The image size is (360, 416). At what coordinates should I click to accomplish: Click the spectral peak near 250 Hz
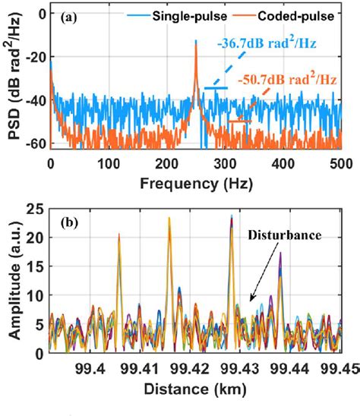coord(195,43)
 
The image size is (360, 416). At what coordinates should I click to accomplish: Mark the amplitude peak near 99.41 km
coord(169,220)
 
